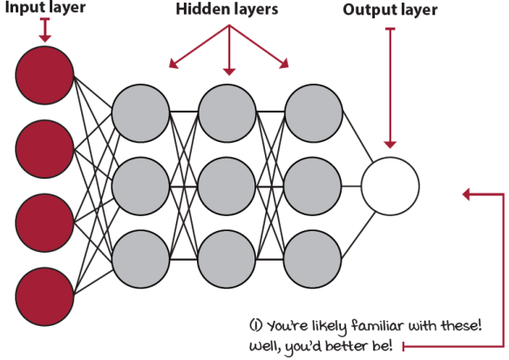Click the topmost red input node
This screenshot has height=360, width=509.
[44, 75]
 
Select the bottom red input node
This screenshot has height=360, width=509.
[44, 296]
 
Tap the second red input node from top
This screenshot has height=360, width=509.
[44, 149]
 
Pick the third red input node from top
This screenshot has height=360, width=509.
[44, 222]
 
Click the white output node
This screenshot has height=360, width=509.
[390, 187]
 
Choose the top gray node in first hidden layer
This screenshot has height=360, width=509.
[140, 113]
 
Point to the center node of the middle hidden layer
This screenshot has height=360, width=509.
[227, 187]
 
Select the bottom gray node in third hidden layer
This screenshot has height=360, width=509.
[313, 260]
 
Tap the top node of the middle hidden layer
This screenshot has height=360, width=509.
[227, 113]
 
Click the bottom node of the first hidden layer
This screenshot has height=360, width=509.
[140, 260]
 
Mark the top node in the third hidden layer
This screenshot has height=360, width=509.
[313, 113]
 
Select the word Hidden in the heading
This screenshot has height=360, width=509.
[200, 9]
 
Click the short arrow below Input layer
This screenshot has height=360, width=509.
[44, 30]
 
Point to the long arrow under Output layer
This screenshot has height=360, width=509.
[390, 88]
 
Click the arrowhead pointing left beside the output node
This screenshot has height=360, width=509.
[466, 194]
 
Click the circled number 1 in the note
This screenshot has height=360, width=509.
[255, 325]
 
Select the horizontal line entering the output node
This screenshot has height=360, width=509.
[351, 187]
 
